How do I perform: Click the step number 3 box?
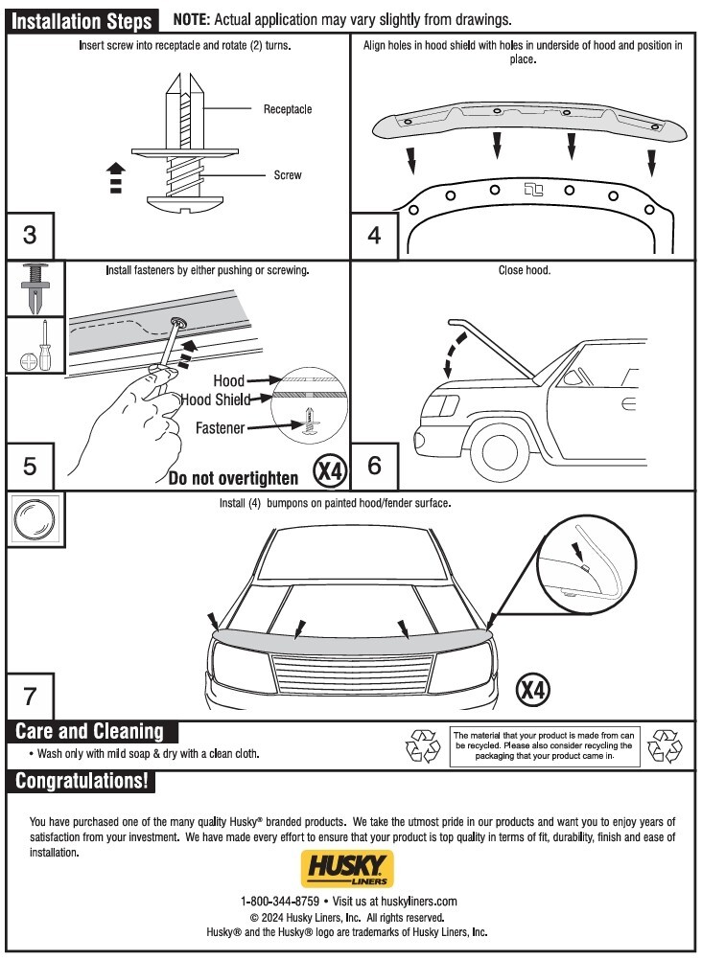coord(30,235)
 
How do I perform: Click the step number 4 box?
coord(374,235)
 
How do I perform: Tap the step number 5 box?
coord(30,466)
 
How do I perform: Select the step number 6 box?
coord(374,466)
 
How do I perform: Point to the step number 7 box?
coord(30,694)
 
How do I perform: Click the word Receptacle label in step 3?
coord(288,109)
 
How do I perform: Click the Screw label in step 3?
coord(288,175)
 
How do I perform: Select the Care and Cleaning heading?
coord(90,732)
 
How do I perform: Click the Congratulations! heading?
coord(82,781)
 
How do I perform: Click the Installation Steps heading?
coord(82,21)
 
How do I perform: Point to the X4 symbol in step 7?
coord(534,688)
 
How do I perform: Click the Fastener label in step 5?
coord(221,428)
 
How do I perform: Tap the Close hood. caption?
coord(524,271)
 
